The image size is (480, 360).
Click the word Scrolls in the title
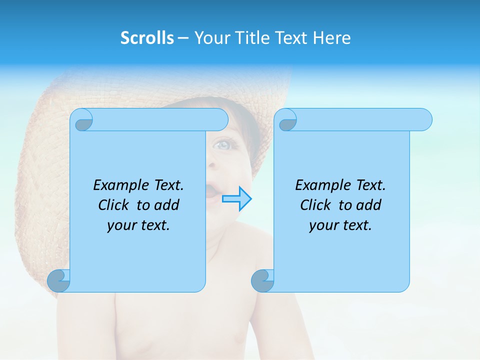coord(147,38)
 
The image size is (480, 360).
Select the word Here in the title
coord(332,38)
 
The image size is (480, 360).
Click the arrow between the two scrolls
coord(236,199)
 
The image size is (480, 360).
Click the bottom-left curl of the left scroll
coord(58,280)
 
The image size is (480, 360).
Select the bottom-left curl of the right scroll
coord(262,281)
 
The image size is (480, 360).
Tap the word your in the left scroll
coord(120,225)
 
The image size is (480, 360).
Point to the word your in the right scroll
coord(322,225)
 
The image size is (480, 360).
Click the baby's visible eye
coord(222,145)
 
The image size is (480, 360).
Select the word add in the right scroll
coord(369,205)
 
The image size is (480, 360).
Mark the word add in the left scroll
coord(167,205)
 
